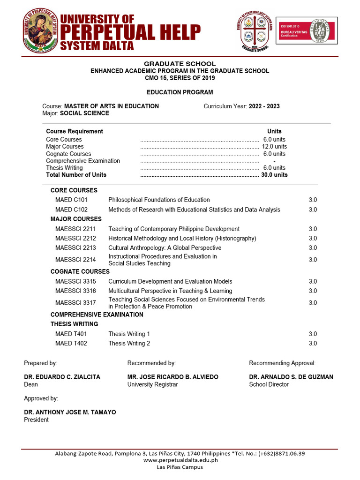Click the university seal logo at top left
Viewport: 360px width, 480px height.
pyautogui.click(x=41, y=30)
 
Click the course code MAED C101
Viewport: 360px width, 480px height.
pyautogui.click(x=71, y=200)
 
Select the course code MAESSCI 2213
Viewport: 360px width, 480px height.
pyautogui.click(x=75, y=248)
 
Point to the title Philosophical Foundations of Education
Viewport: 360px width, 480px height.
pyautogui.click(x=159, y=200)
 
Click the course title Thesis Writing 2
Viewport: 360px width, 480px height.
pyautogui.click(x=129, y=344)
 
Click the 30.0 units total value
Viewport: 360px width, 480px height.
pyautogui.click(x=274, y=175)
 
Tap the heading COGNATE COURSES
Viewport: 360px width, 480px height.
pyautogui.click(x=80, y=272)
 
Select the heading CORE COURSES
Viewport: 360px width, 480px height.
pyautogui.click(x=74, y=190)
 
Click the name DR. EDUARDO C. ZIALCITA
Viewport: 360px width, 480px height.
pyautogui.click(x=62, y=377)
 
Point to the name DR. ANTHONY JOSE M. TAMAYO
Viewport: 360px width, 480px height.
pyautogui.click(x=70, y=412)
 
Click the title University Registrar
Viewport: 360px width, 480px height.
pyautogui.click(x=152, y=385)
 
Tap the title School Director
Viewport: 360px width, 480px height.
pyautogui.click(x=269, y=385)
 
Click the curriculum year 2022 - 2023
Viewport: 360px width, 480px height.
pyautogui.click(x=264, y=106)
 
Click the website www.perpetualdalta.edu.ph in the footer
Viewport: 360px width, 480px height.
pyautogui.click(x=180, y=460)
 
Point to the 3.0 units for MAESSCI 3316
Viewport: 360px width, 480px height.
pyautogui.click(x=313, y=291)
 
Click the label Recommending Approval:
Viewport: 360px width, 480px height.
pyautogui.click(x=282, y=363)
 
